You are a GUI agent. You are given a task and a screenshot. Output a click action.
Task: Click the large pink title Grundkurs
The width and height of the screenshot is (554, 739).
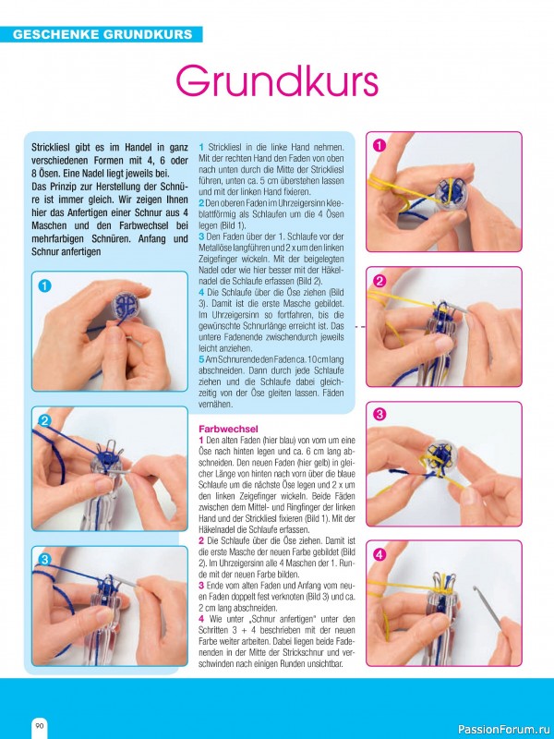click(277, 83)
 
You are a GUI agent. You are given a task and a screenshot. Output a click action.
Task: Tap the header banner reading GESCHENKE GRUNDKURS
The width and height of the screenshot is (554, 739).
click(102, 34)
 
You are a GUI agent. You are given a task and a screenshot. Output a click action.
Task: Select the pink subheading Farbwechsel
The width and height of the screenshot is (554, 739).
click(228, 429)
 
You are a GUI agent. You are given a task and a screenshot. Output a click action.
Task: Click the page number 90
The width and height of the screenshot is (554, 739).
click(39, 726)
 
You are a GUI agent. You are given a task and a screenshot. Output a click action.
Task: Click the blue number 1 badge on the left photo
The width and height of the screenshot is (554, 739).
click(44, 285)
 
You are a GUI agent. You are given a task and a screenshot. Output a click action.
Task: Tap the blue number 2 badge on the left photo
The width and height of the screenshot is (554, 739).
click(44, 421)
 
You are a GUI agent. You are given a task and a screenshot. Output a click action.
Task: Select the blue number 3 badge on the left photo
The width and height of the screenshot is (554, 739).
click(44, 560)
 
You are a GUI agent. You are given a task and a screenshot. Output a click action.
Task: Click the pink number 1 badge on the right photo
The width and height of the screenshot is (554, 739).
click(379, 146)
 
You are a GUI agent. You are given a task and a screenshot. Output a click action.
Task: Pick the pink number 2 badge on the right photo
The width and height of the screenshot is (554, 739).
click(379, 282)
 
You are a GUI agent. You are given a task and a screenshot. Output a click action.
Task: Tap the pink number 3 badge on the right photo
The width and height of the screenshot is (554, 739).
click(379, 415)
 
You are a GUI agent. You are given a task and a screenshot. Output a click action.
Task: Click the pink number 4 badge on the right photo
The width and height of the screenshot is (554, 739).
click(379, 555)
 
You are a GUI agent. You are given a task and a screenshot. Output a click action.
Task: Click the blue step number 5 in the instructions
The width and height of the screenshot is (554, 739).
click(201, 359)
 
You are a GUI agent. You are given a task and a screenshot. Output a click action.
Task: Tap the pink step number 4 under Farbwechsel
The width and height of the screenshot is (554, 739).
click(201, 618)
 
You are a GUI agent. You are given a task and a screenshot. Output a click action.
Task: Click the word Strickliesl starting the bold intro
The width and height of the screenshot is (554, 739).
click(50, 148)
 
